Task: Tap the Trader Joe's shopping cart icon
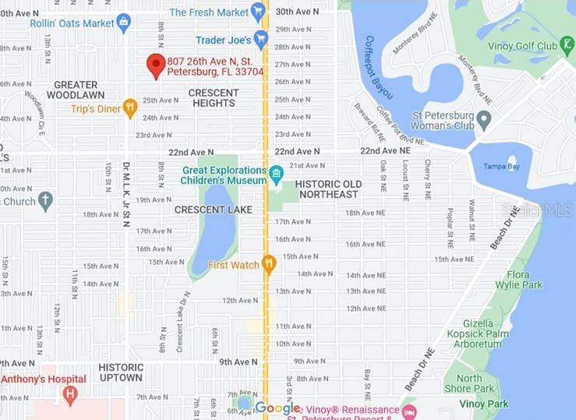(x=261, y=38)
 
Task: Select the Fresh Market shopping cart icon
(x=258, y=11)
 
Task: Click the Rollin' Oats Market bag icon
(x=123, y=22)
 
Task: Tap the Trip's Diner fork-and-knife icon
(x=129, y=108)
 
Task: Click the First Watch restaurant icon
(x=269, y=264)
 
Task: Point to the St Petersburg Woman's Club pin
(x=483, y=121)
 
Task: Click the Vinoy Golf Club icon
(x=567, y=45)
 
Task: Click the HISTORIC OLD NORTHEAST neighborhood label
(x=327, y=189)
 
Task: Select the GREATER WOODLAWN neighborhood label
(x=76, y=90)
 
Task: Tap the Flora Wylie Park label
(x=524, y=280)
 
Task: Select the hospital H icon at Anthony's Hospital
(x=71, y=394)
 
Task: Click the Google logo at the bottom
(x=277, y=408)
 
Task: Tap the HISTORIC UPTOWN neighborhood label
(x=121, y=372)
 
